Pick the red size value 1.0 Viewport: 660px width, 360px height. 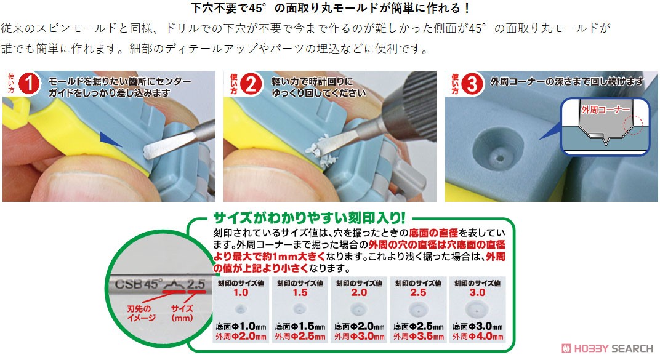(241, 293)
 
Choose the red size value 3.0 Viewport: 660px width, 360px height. (477, 293)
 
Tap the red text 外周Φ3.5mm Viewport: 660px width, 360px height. (418, 337)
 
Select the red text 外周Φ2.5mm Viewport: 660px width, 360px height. (300, 337)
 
